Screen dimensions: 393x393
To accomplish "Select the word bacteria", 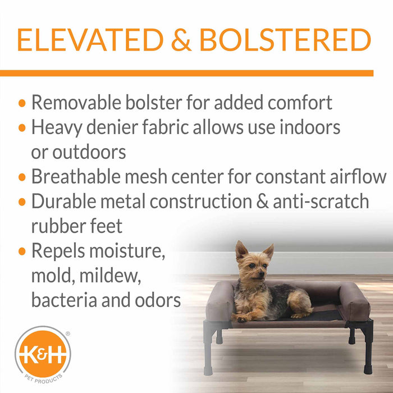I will [67, 300].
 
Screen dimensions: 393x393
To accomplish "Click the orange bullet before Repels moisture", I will [22, 252].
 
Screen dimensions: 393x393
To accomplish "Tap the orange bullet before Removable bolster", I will [22, 103].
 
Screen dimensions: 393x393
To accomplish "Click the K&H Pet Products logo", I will [42, 355].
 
